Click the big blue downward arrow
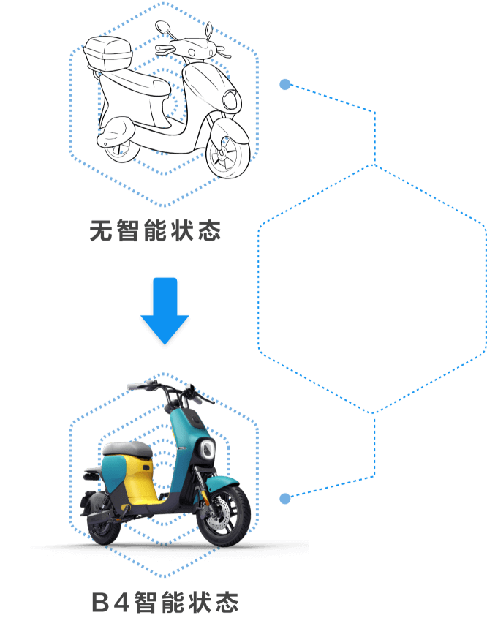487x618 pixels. pyautogui.click(x=165, y=311)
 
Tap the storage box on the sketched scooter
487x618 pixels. pyautogui.click(x=108, y=53)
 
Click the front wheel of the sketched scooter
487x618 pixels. pyautogui.click(x=228, y=155)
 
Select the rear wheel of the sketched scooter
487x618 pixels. pyautogui.click(x=120, y=150)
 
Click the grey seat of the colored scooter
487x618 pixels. pyautogui.click(x=127, y=449)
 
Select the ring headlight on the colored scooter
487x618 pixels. pyautogui.click(x=207, y=449)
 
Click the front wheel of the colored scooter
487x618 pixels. pyautogui.click(x=224, y=516)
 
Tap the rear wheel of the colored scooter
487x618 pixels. pyautogui.click(x=103, y=525)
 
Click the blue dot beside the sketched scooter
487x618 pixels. pyautogui.click(x=285, y=84)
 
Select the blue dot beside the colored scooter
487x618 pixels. pyautogui.click(x=285, y=499)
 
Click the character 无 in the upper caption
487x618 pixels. pyautogui.click(x=101, y=230)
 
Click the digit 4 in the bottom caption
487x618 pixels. pyautogui.click(x=121, y=602)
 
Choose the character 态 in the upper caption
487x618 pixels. pyautogui.click(x=209, y=230)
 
